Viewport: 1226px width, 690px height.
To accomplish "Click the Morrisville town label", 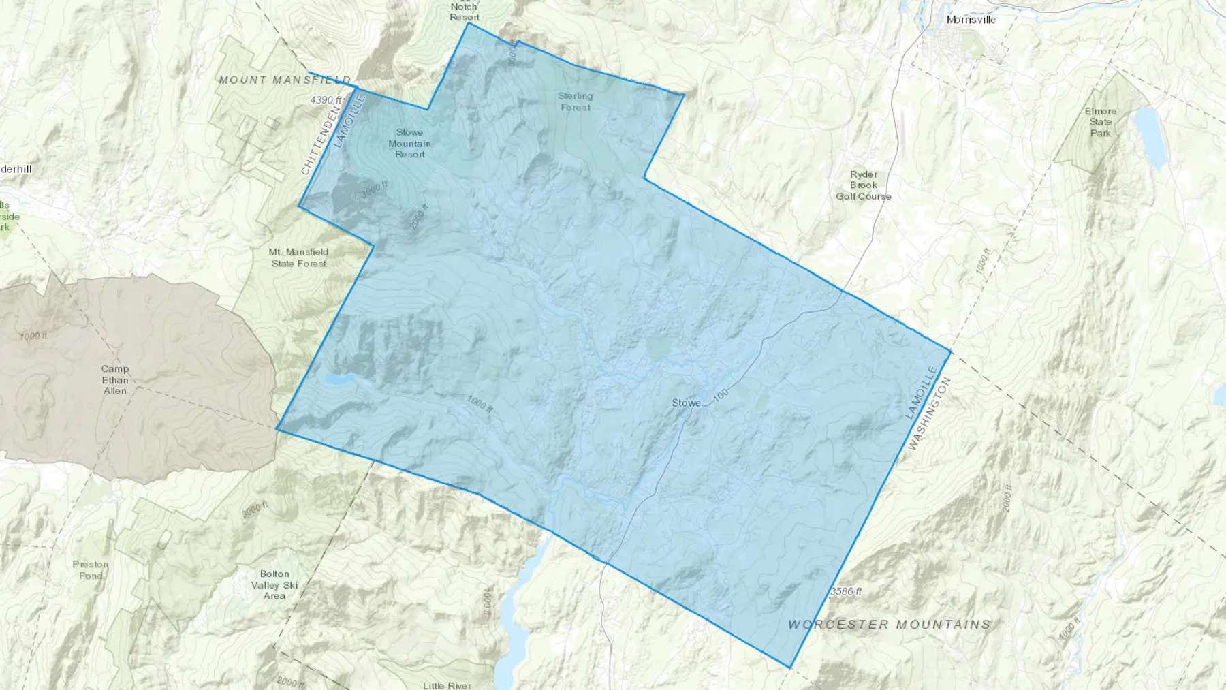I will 971,20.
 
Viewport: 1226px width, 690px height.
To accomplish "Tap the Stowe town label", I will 686,403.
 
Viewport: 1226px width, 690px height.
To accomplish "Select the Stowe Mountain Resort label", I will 410,144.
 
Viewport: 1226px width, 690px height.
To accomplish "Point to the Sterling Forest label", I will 576,101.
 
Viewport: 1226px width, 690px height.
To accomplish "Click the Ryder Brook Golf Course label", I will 864,185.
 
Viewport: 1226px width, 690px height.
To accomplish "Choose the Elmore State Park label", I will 1101,122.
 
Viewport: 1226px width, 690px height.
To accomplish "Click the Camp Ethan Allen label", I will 115,379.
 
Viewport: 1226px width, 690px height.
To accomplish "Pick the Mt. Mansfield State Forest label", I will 299,257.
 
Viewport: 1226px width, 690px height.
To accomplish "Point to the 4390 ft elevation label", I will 324,100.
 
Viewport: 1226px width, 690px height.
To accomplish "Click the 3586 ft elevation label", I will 845,592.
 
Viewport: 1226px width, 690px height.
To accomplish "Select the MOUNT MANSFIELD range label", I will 285,80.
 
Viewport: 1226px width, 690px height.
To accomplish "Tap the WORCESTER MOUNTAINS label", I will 889,624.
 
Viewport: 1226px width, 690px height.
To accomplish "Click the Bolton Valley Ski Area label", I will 274,584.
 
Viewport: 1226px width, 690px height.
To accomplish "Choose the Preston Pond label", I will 91,569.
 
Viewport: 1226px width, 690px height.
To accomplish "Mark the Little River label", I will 447,685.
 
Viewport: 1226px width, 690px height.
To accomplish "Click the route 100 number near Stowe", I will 721,394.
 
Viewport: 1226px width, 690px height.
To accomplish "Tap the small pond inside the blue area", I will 339,379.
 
